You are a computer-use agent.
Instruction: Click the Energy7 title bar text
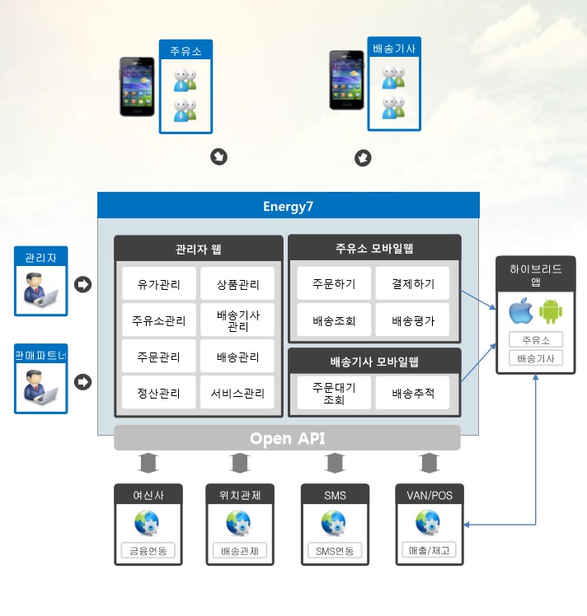(288, 205)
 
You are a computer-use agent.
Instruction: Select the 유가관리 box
(159, 285)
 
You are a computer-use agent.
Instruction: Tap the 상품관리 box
(237, 285)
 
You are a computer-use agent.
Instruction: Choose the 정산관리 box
(159, 393)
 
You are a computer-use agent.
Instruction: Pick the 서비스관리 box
(237, 393)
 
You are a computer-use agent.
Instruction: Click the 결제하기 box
(413, 284)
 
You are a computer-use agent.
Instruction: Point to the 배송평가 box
(413, 320)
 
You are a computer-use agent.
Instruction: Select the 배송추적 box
(413, 393)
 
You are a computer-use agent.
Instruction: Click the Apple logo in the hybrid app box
(519, 312)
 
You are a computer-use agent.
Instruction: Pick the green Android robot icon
(550, 312)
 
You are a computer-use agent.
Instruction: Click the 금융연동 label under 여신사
(148, 551)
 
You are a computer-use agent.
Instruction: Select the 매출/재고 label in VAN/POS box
(430, 551)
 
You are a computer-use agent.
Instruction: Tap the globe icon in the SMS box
(333, 521)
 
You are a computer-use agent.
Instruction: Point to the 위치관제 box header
(239, 495)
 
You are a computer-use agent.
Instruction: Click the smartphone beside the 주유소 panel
(136, 84)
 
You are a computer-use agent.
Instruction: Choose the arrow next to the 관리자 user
(82, 285)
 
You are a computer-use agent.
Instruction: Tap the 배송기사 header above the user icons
(393, 49)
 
